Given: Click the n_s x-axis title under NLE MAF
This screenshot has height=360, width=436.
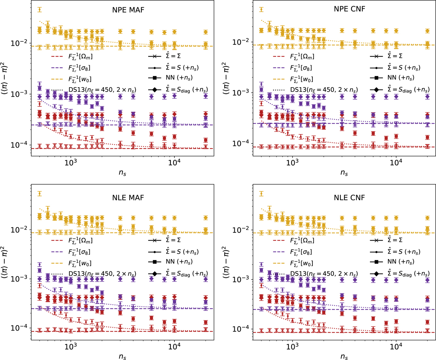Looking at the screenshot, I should pos(122,354).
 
